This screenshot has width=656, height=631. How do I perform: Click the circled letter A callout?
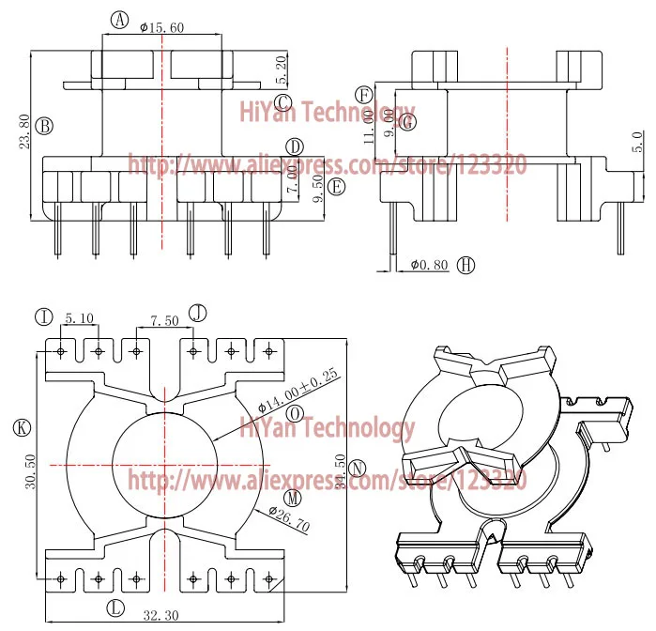[118, 20]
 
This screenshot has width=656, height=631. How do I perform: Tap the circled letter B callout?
[44, 125]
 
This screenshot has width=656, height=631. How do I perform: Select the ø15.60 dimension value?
[160, 27]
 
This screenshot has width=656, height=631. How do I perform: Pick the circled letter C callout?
[284, 102]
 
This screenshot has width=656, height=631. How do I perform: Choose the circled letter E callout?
[338, 186]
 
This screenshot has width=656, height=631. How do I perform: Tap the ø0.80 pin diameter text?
[431, 266]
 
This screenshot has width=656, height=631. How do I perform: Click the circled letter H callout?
[466, 266]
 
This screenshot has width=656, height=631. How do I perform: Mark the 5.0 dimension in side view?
[636, 144]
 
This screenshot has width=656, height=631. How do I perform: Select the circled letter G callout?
[406, 121]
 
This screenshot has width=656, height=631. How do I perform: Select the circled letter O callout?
[294, 413]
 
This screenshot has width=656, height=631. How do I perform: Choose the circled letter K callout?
[22, 427]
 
